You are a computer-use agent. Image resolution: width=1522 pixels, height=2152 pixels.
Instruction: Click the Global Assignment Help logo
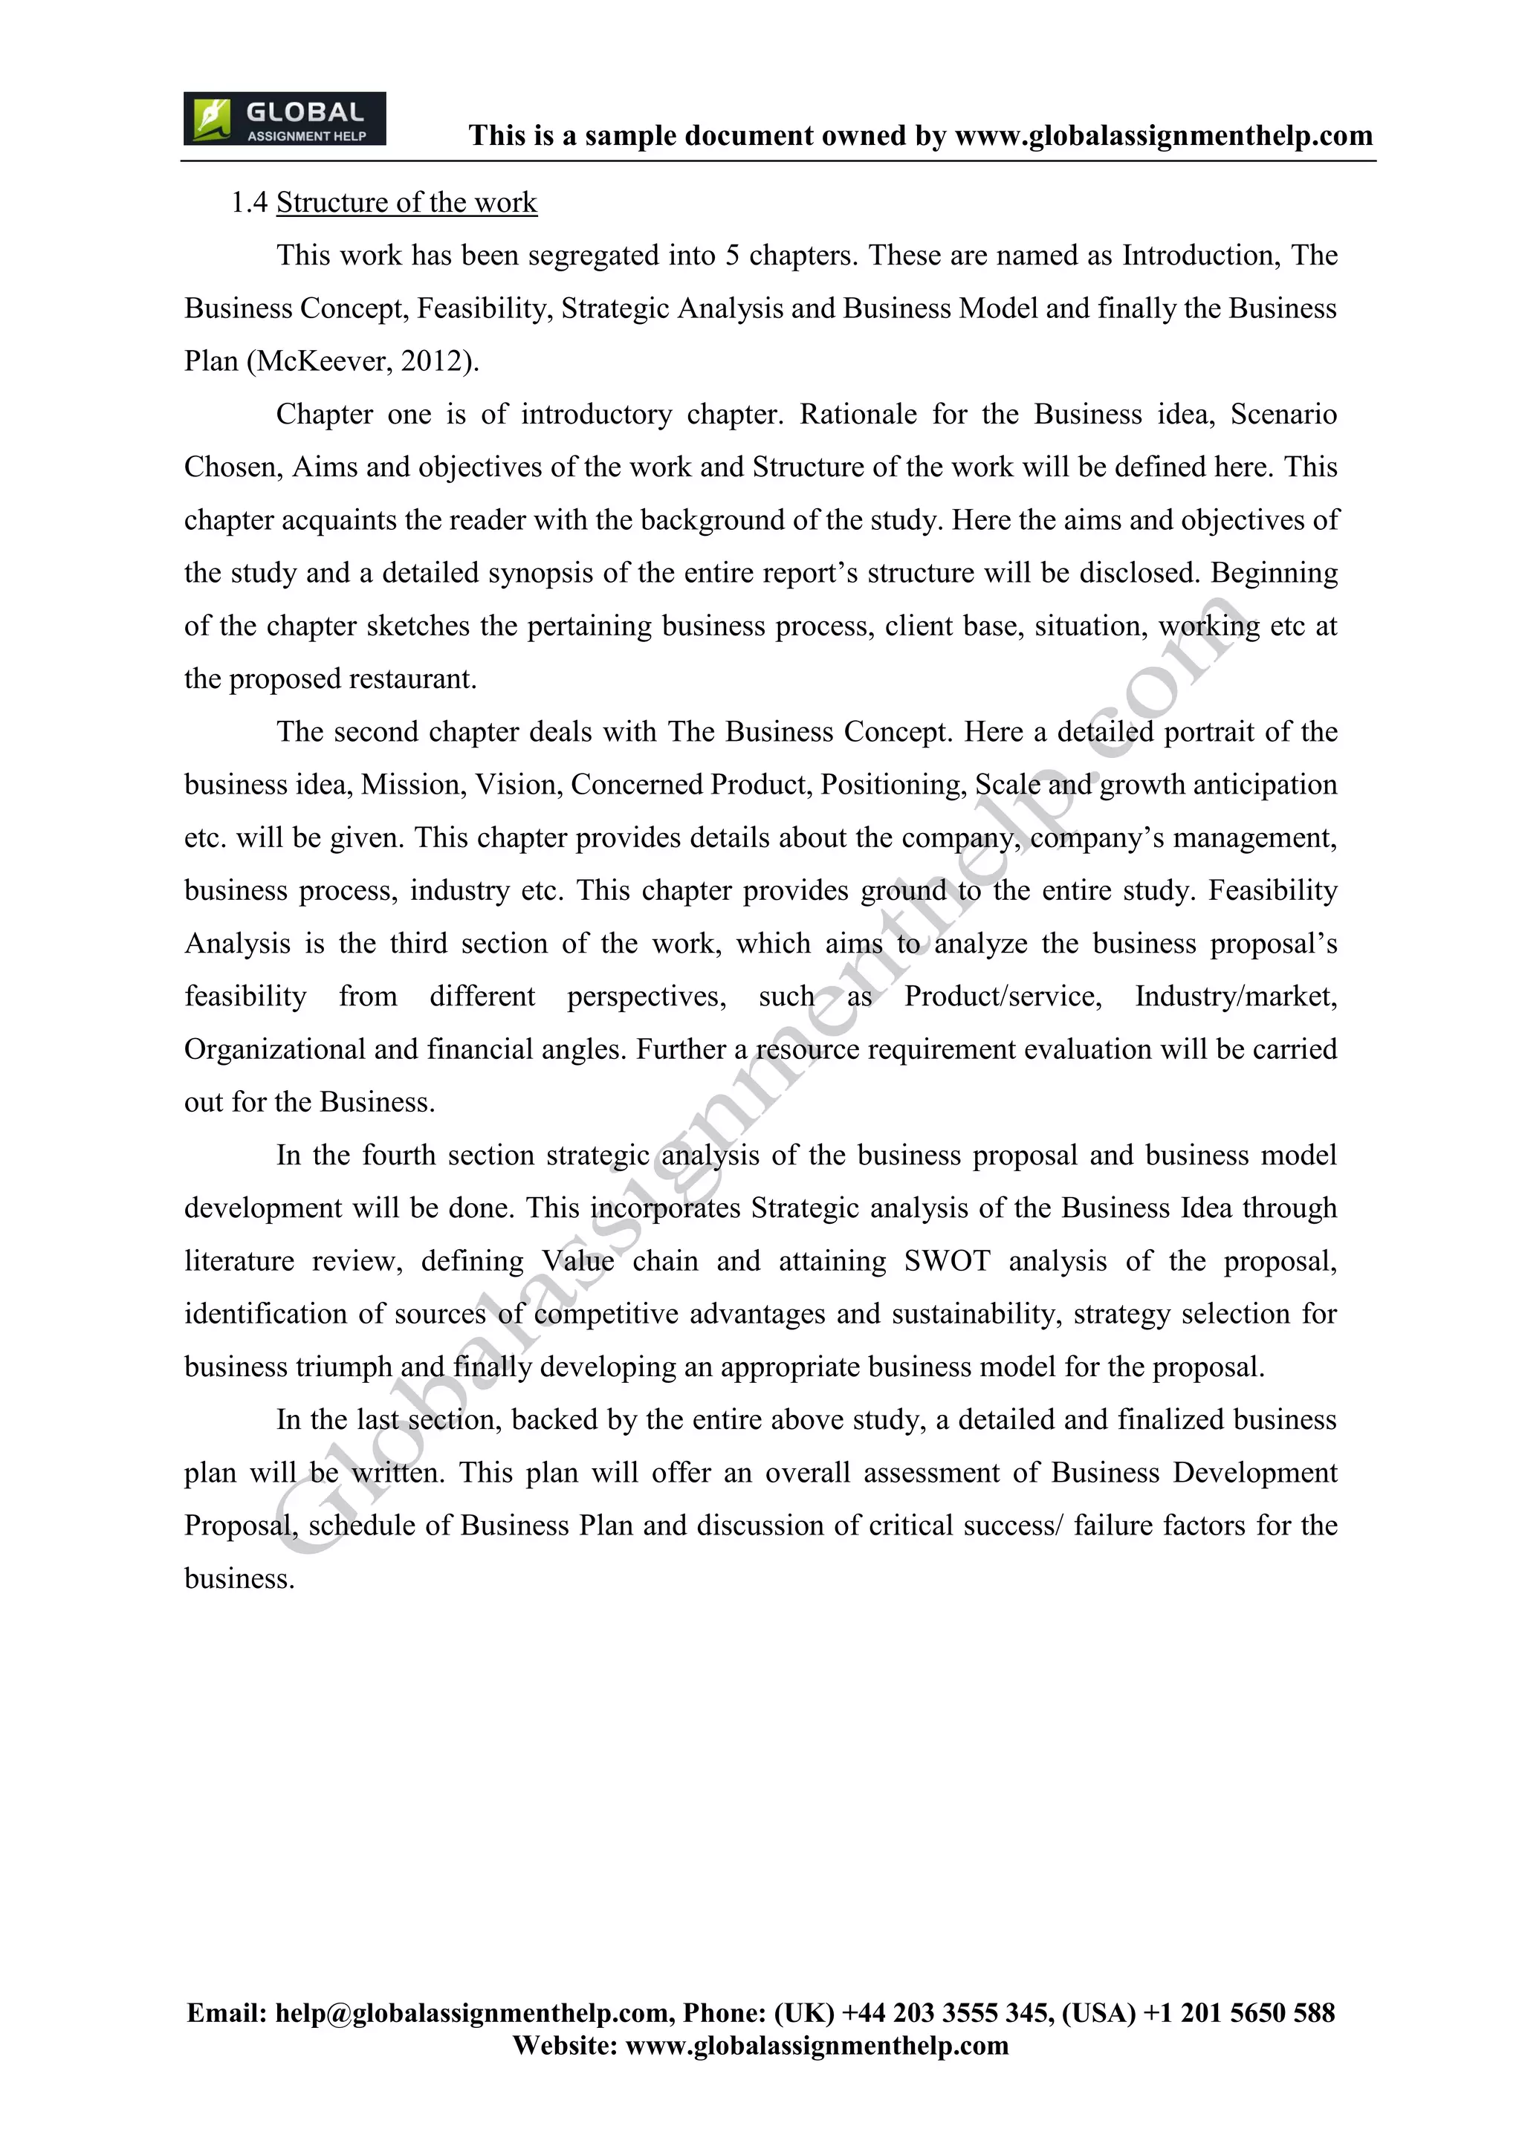(284, 119)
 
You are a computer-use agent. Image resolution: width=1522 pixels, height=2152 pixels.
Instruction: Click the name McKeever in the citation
(322, 362)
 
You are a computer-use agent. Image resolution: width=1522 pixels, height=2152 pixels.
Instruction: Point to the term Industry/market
(1235, 996)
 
